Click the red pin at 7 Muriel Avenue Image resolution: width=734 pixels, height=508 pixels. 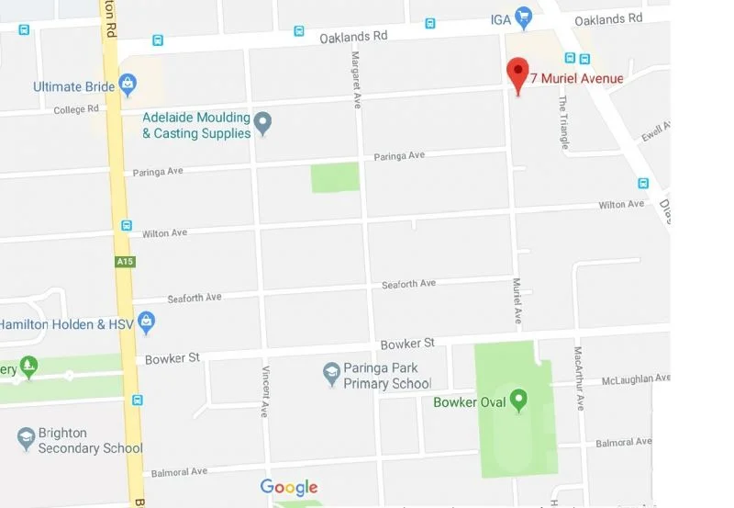click(x=518, y=73)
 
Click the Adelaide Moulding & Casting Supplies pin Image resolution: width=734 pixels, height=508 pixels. click(x=263, y=123)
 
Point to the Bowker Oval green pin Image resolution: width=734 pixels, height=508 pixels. click(x=519, y=401)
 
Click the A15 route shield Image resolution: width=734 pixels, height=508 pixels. click(x=126, y=262)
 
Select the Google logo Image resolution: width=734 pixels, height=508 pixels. click(x=289, y=488)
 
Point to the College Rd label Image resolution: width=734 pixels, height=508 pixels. click(x=76, y=110)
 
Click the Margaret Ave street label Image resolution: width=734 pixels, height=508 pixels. click(x=356, y=67)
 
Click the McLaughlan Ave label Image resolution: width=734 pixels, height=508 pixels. click(x=636, y=378)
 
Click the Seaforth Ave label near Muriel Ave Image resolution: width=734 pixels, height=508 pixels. click(x=408, y=284)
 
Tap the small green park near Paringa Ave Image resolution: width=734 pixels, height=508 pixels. click(x=335, y=177)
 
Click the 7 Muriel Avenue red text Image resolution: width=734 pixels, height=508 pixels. click(x=576, y=78)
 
